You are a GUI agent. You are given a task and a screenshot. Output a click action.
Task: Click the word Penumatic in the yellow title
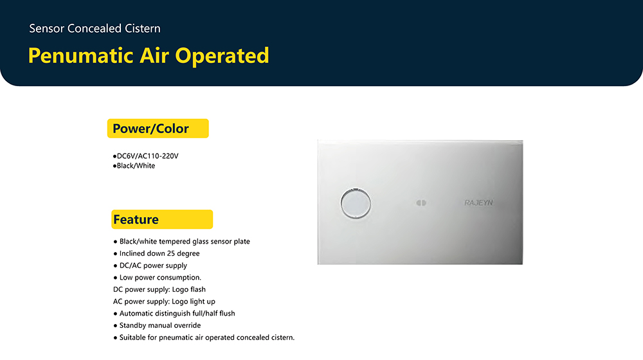coord(81,56)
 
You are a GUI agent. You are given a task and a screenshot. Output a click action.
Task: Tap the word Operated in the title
coord(222,56)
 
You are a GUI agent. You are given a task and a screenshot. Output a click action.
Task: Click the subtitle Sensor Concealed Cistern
coord(95,28)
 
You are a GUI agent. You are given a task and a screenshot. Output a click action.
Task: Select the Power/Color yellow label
coord(158,129)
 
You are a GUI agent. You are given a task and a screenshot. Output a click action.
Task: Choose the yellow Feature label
coord(162,219)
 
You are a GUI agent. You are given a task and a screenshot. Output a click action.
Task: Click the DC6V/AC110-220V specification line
coord(145,156)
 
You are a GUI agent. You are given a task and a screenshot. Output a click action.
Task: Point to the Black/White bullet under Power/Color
coord(134,166)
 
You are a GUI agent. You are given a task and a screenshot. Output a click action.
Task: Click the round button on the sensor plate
coord(356,203)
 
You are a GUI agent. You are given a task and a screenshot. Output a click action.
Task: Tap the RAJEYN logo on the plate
coord(478,203)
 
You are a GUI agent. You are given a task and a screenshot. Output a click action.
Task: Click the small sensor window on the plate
coord(421,203)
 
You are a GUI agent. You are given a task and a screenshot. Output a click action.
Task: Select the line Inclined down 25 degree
coord(157,253)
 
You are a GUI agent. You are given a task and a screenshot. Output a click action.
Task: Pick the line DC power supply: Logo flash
coord(159,289)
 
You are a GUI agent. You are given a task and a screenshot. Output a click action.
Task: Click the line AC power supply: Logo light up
coord(164,301)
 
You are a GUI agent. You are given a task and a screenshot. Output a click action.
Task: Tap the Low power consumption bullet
coord(158,278)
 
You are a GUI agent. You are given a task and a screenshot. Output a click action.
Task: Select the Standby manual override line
coord(157,325)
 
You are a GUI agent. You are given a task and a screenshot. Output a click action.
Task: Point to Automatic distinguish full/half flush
coord(174,313)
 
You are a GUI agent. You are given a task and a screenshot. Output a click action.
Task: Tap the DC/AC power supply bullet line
coord(150,265)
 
